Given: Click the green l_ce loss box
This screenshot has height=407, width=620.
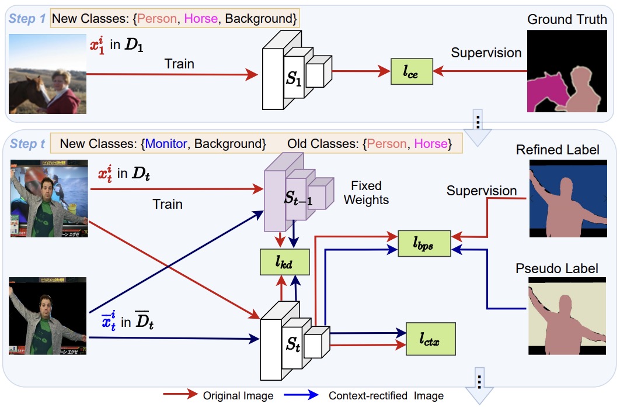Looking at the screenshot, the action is [x=412, y=71].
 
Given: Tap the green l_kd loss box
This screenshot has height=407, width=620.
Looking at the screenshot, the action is [x=284, y=262].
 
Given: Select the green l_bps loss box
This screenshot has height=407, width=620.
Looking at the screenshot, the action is [x=424, y=243].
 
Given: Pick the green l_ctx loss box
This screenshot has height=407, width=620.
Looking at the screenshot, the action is [x=431, y=339].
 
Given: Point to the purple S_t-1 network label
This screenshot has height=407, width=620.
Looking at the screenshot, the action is [x=298, y=198].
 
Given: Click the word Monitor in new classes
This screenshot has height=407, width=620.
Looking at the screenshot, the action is [x=166, y=143].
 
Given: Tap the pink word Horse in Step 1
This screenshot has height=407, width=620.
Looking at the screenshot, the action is [x=201, y=19].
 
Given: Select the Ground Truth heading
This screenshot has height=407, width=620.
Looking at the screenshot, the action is [x=567, y=19].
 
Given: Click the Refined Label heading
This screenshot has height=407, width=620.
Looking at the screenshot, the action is [x=558, y=150].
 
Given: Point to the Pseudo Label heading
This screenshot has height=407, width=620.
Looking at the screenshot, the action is [x=557, y=268].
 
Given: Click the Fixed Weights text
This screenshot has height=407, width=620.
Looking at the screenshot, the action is [x=366, y=193].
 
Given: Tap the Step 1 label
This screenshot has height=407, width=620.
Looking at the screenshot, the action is [x=27, y=19].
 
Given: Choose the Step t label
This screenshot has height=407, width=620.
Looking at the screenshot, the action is [x=27, y=143].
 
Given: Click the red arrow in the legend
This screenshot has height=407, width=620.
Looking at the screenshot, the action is [x=180, y=394].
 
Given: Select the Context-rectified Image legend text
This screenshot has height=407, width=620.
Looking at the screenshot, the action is [x=386, y=395].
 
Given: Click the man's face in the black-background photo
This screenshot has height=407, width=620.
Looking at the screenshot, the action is [x=46, y=306].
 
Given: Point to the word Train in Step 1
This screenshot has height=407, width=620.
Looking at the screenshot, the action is [x=179, y=64].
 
